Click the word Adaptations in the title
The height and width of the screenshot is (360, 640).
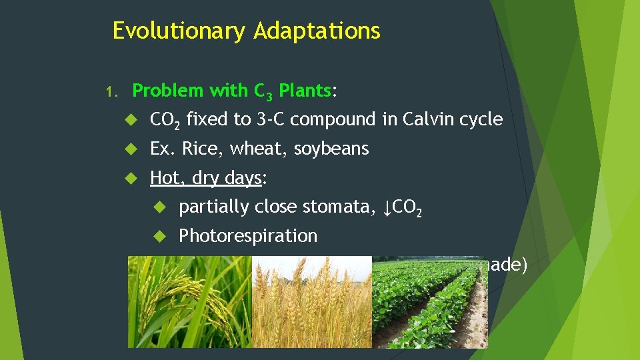pos(317,31)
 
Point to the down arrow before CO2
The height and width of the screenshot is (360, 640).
pos(387,208)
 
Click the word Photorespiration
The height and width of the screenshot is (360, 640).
pos(248,236)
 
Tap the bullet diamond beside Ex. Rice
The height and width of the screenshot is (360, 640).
pos(131,149)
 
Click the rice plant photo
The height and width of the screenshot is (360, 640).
pos(190,303)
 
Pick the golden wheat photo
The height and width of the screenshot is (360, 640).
pos(311,303)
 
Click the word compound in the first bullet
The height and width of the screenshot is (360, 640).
pos(324,120)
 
